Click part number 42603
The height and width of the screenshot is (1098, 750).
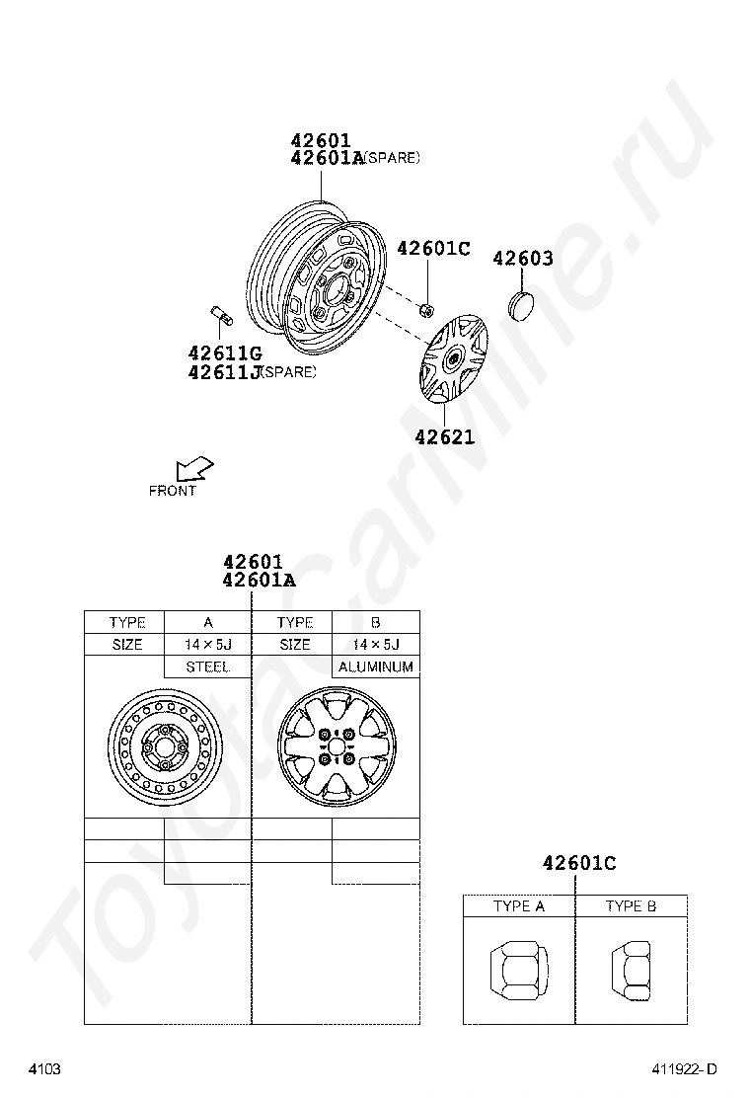pos(523,259)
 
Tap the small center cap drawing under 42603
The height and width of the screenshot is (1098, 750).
pos(520,304)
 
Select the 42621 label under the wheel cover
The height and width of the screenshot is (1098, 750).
pos(444,437)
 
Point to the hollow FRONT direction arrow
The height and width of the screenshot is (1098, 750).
pos(194,468)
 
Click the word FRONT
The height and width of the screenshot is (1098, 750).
pos(172,491)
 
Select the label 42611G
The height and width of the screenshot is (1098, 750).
pos(225,353)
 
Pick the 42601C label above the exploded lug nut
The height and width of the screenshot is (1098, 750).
pos(434,248)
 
